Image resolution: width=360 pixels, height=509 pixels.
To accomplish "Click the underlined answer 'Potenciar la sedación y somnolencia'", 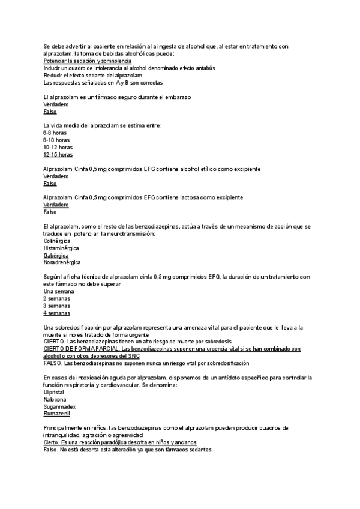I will tap(88, 61).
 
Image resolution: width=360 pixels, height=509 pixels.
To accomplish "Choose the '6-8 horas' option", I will tap(55, 133).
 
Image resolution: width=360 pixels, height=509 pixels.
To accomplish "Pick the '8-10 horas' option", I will tap(56, 140).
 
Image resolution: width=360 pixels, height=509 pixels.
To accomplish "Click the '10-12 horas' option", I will tap(58, 147).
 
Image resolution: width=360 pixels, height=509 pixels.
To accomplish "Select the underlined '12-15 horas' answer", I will tap(58, 154).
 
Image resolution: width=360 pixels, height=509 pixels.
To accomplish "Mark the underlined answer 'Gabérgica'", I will tap(56, 255).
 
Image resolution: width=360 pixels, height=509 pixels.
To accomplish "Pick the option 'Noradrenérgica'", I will tap(62, 262).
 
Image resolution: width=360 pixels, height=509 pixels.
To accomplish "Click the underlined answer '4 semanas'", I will tap(57, 313).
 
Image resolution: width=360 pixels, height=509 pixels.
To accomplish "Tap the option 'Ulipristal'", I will tap(55, 391).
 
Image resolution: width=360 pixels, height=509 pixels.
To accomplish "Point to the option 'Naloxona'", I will tap(55, 399).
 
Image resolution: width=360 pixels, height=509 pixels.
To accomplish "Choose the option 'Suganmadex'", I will tap(59, 406).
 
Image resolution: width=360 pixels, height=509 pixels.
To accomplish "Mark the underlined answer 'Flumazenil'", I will tap(57, 414).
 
